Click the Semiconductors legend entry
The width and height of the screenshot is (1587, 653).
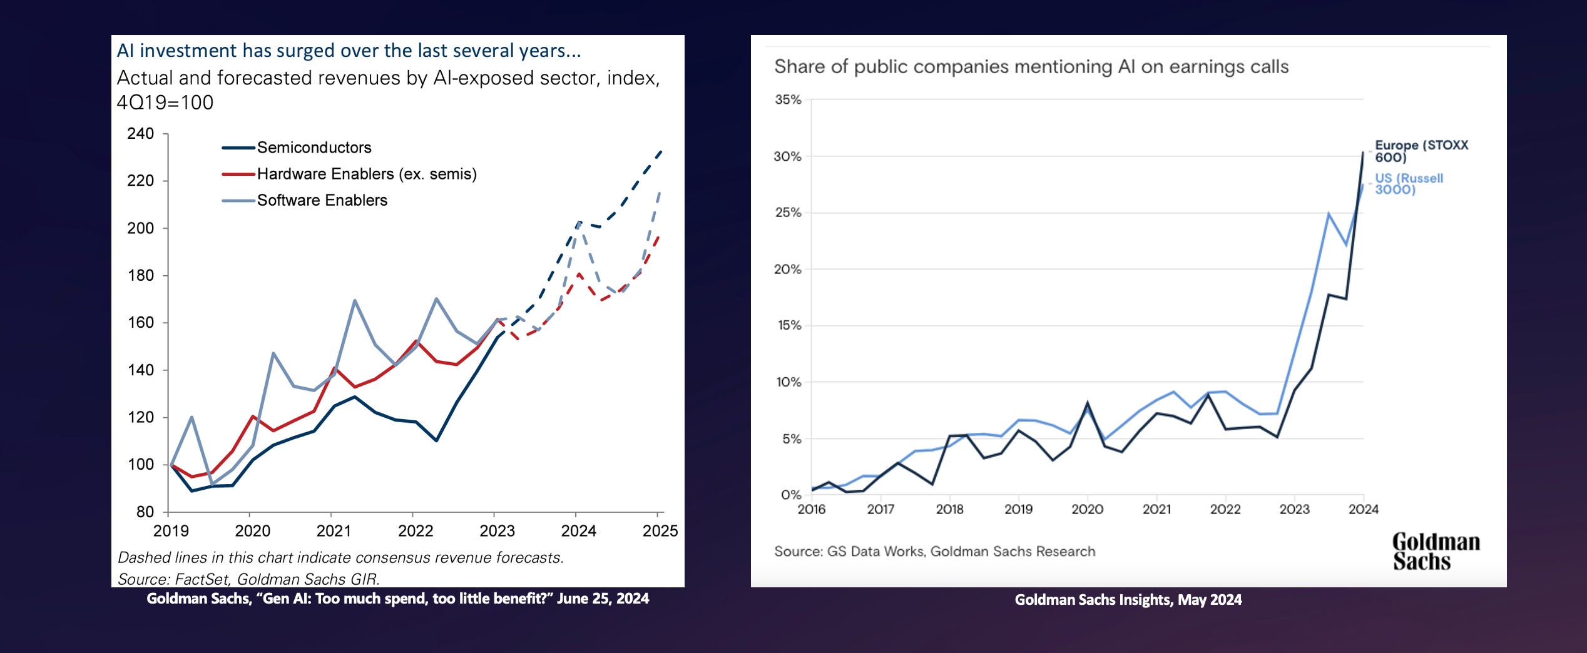tap(314, 148)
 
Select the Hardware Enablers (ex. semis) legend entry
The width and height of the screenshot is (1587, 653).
tap(366, 174)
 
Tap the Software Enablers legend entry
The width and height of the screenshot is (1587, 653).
tap(322, 200)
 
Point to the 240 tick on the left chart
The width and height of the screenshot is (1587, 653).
tap(140, 133)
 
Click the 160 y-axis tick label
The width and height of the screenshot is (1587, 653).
tap(140, 323)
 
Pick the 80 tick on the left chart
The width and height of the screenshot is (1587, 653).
tap(145, 512)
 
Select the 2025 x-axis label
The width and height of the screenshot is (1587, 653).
tap(660, 531)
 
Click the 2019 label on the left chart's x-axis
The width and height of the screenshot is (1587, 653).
tap(171, 531)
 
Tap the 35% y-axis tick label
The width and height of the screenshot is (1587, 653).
tap(787, 99)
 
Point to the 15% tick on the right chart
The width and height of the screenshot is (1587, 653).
tap(787, 325)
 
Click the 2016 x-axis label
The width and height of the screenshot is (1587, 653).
tap(811, 510)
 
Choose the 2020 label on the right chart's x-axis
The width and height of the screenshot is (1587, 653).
tap(1087, 510)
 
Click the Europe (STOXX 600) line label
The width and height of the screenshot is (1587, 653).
tap(1421, 151)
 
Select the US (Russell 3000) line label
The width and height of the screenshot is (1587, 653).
tap(1409, 184)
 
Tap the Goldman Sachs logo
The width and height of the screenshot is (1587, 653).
tap(1436, 551)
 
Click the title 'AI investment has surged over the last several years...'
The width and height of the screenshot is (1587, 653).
tap(349, 51)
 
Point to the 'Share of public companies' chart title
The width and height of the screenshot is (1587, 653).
tap(1031, 67)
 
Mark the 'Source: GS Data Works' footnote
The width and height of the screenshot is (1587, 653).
tap(934, 552)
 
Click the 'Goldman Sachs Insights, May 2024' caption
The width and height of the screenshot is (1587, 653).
tap(1128, 600)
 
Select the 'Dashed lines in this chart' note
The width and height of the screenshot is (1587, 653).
tap(341, 557)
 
